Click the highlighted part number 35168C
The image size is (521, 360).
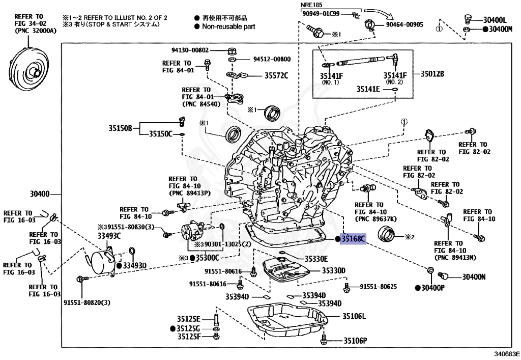[x=353, y=238]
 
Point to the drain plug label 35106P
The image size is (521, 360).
[x=355, y=341]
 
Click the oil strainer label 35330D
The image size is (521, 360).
[x=333, y=270]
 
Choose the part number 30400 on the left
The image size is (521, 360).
[x=39, y=193]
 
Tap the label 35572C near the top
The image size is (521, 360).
[x=276, y=76]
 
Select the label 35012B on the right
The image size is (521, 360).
[x=432, y=74]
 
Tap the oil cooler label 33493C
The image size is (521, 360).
[x=109, y=235]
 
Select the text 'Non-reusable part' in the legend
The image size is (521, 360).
[x=228, y=26]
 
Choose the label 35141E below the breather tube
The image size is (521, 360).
[x=368, y=89]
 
